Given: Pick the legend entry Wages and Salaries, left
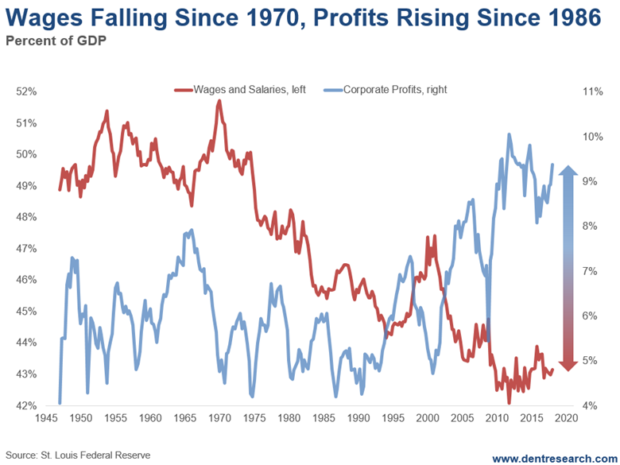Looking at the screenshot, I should pos(244,90).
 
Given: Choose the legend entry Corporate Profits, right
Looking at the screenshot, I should pos(389,90).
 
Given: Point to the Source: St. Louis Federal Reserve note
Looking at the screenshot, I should pos(76,455).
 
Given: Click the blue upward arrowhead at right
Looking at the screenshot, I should pos(566,172).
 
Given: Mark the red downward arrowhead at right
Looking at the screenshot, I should pos(566,364).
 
